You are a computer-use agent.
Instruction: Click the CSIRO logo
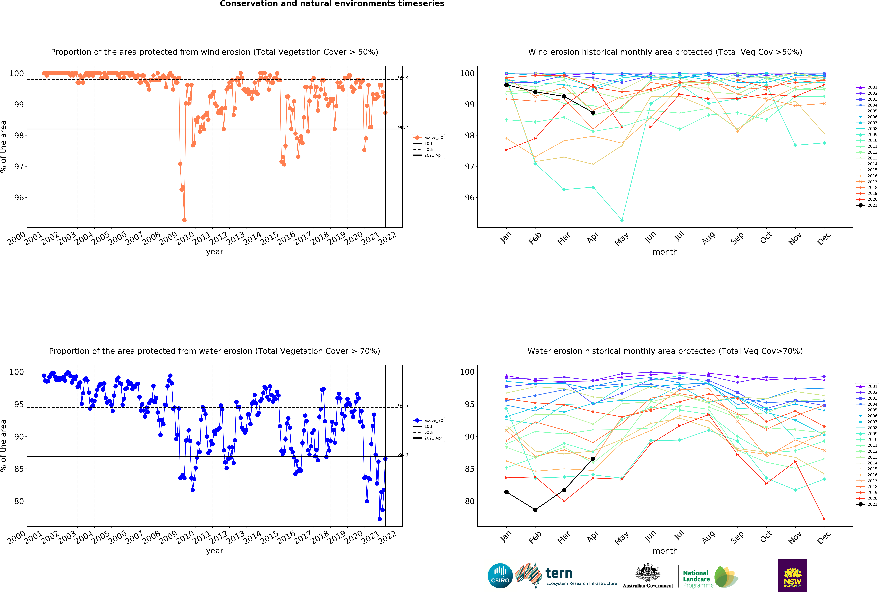(x=500, y=576)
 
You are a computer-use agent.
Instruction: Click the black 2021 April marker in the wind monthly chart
(x=593, y=113)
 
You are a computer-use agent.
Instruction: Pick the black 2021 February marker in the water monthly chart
(x=535, y=510)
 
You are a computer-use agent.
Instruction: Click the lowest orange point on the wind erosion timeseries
(x=184, y=220)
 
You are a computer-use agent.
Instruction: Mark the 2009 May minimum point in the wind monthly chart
(x=622, y=220)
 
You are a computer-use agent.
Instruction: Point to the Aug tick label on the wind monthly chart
(x=708, y=238)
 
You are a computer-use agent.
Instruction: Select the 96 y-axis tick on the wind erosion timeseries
(x=19, y=197)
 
